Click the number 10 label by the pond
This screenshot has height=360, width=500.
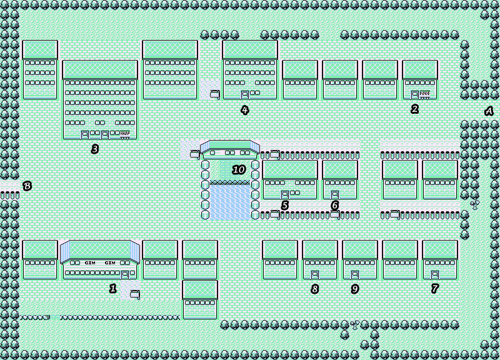click(239, 170)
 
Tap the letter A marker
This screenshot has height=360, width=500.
click(489, 111)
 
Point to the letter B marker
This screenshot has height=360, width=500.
click(27, 186)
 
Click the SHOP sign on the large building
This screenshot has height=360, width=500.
click(124, 133)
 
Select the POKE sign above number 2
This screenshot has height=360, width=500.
click(425, 94)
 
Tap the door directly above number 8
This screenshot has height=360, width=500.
click(315, 274)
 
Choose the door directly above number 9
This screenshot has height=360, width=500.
click(355, 274)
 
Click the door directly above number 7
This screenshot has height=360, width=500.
click(435, 274)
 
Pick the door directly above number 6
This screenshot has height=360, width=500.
click(335, 194)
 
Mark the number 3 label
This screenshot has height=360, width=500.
click(94, 149)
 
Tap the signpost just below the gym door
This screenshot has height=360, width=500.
click(134, 293)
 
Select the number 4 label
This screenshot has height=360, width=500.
click(244, 110)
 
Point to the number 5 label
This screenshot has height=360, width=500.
click(284, 205)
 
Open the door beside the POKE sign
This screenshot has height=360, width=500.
click(415, 94)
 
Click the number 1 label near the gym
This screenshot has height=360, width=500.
click(113, 288)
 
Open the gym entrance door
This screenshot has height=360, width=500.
click(125, 274)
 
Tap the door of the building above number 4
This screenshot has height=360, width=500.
click(245, 94)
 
